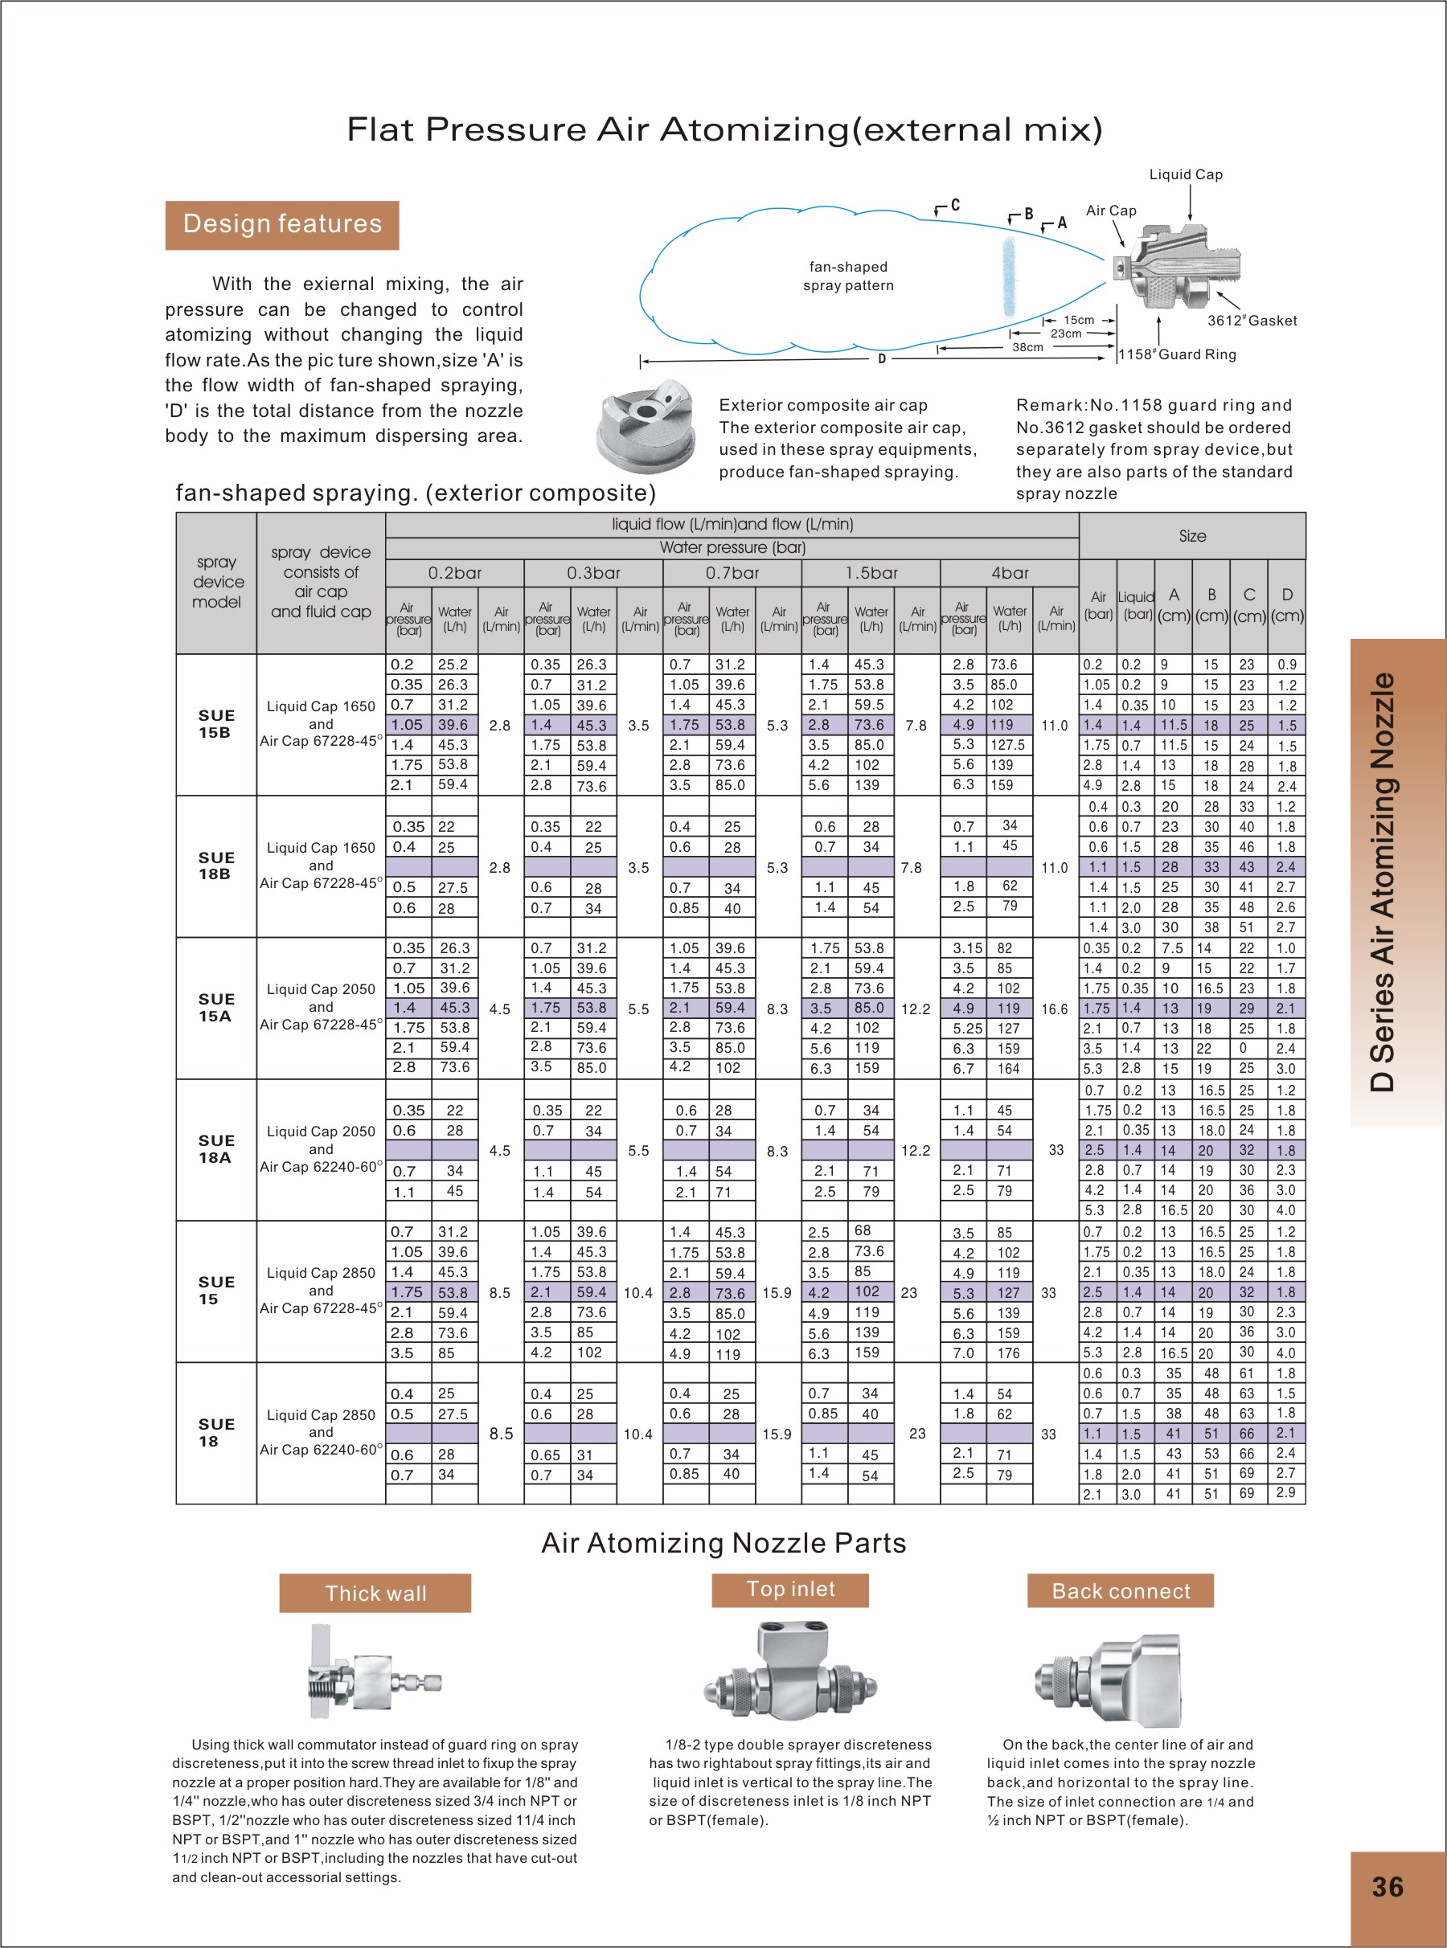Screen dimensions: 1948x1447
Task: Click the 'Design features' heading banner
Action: coord(282,225)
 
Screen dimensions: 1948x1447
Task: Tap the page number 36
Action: coord(1388,1887)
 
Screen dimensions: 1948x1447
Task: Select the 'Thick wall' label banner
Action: coord(375,1593)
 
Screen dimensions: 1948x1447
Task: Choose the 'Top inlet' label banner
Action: coord(790,1589)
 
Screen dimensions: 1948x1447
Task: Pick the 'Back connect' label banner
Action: coord(1121,1591)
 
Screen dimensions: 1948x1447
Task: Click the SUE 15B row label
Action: coord(215,724)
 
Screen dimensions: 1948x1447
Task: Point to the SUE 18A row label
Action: coord(215,1148)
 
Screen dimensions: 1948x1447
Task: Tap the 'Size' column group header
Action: coord(1191,536)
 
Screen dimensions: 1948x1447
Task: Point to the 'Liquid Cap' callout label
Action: coord(1185,175)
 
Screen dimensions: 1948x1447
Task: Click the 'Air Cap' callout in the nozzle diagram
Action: coord(1111,211)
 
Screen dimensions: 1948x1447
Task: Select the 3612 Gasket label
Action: coord(1252,321)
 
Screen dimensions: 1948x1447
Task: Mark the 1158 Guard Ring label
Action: coord(1177,354)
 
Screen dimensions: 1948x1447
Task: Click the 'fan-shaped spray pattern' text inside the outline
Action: coord(848,276)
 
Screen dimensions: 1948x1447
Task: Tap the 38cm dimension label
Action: coord(1027,348)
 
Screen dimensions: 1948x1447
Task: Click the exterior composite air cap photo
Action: coord(646,427)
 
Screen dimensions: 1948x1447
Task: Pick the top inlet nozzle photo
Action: coord(790,1675)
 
